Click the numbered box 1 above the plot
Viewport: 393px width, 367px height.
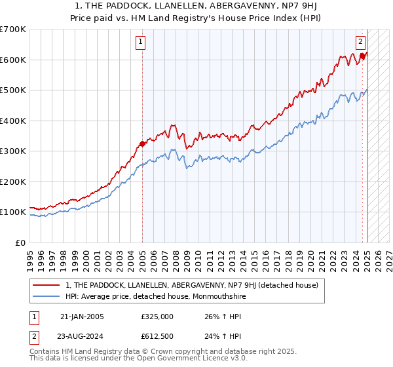[141, 42]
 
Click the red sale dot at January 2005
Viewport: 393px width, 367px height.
[142, 144]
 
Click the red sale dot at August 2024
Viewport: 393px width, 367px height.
[362, 56]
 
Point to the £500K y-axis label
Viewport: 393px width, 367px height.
[13, 90]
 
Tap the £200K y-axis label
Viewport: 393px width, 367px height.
[13, 182]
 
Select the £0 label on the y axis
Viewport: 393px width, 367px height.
[21, 242]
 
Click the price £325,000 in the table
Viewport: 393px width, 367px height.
[157, 317]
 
